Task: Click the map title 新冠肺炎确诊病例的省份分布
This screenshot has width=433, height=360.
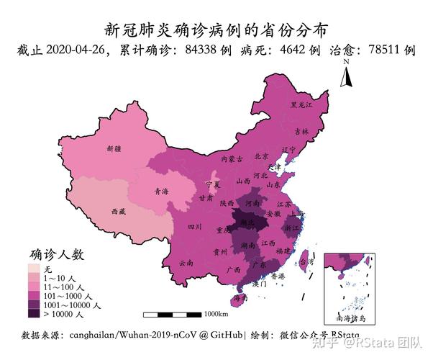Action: tap(216, 30)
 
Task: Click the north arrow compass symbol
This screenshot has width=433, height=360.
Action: tap(345, 74)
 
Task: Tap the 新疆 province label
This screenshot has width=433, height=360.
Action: tap(114, 149)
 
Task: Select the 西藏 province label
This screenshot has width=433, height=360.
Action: tap(118, 212)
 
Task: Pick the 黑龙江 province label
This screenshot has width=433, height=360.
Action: tap(301, 105)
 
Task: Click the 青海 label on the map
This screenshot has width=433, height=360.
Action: tap(161, 192)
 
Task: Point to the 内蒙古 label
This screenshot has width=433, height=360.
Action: tap(232, 158)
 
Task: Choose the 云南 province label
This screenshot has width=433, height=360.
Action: tap(186, 264)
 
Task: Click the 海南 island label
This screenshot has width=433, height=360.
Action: tap(241, 298)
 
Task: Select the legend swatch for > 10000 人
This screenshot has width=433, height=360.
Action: tap(35, 313)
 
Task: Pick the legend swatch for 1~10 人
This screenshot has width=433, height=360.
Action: tap(35, 277)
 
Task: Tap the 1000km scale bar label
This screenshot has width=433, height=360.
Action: tap(216, 314)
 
